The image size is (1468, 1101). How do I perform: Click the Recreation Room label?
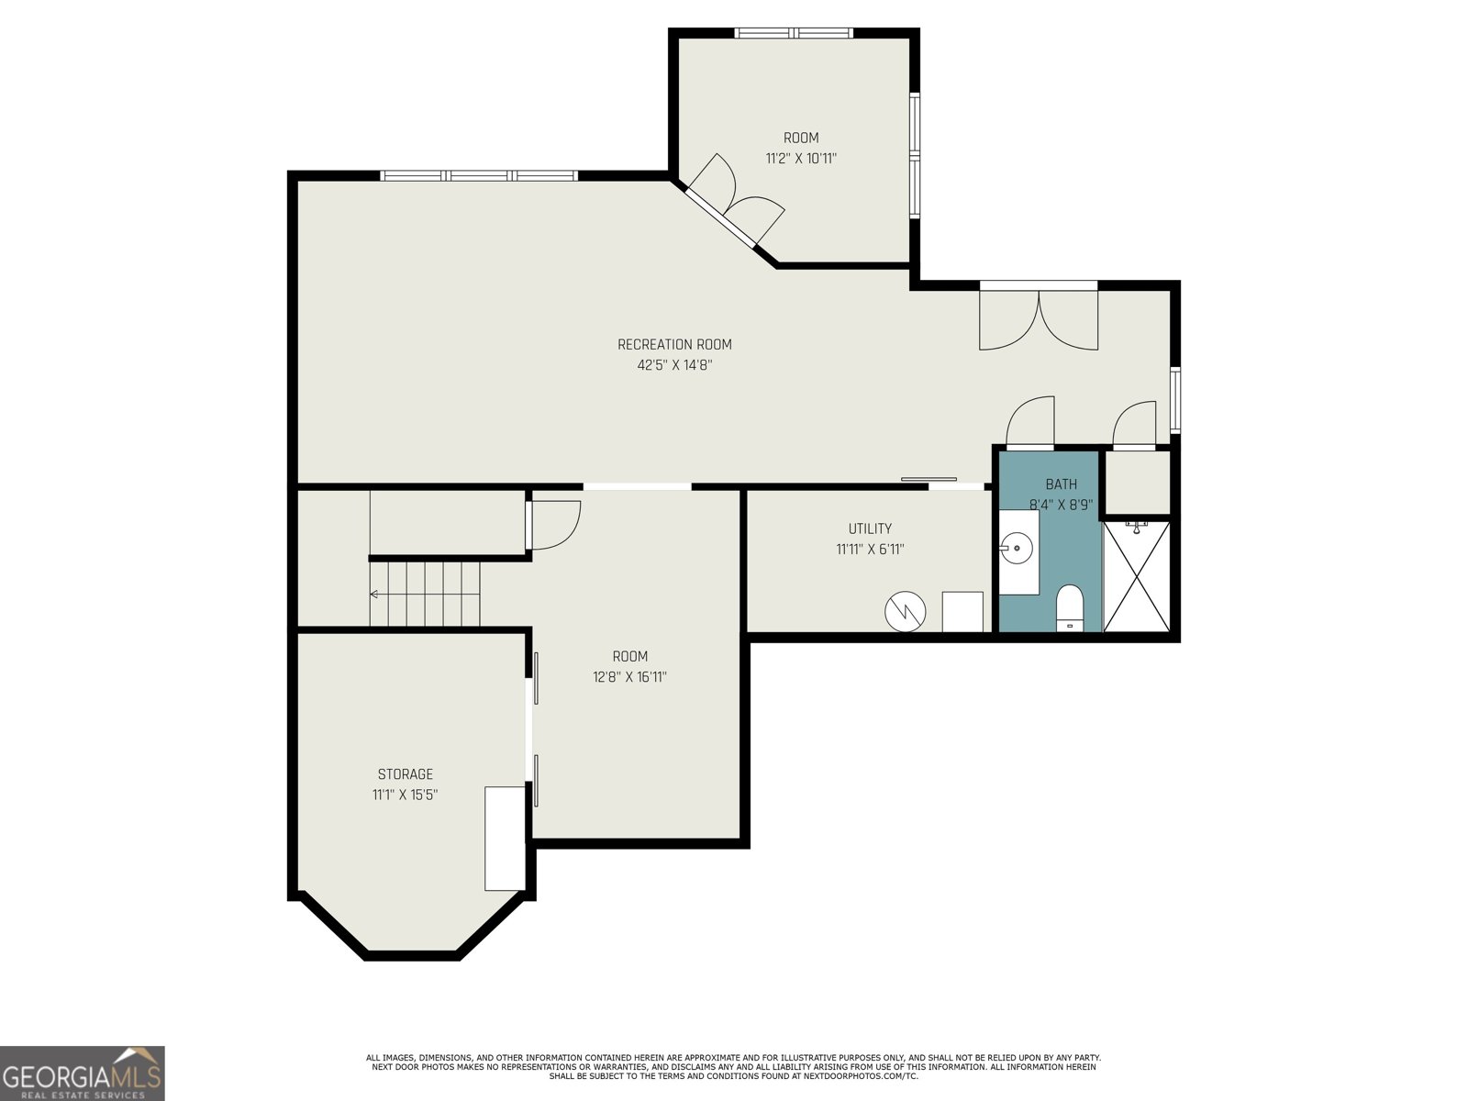[674, 344]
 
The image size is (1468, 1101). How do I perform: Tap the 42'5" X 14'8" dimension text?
[674, 365]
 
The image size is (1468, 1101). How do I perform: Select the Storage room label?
[406, 774]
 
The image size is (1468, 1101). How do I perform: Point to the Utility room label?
[870, 528]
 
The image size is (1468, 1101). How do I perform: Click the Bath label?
[1062, 484]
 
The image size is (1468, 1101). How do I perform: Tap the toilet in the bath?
[1069, 607]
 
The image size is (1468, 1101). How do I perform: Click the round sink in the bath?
[1017, 549]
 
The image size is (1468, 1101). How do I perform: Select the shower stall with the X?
[1136, 576]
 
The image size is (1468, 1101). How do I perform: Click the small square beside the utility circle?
[962, 611]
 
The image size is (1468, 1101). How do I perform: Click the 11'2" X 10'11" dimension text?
[801, 159]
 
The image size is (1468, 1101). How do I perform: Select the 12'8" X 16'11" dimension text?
[629, 676]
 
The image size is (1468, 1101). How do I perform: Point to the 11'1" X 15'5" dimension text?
[406, 795]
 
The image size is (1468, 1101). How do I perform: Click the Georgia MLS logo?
[83, 1073]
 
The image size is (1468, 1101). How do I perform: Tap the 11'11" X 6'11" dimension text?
[870, 550]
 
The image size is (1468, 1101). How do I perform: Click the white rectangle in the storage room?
[505, 839]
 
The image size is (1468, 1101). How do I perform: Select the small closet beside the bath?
[1137, 483]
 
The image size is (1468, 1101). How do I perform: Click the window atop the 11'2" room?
[794, 33]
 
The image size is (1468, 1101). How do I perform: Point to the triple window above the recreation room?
[479, 176]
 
